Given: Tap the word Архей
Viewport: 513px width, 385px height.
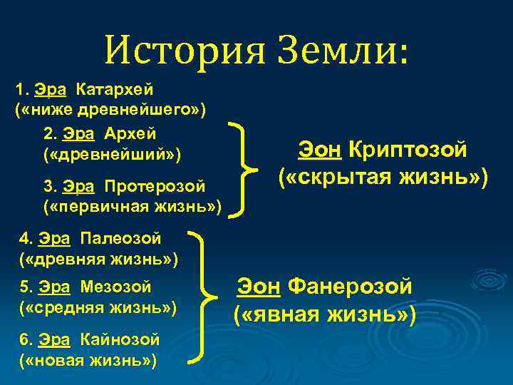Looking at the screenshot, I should [130, 134].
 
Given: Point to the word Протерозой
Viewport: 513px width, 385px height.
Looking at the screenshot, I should [155, 187].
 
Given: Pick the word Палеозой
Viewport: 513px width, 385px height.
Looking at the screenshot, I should [120, 237].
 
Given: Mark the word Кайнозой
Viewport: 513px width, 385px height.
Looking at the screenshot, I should [120, 339].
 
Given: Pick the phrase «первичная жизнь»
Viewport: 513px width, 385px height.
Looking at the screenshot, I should [132, 207].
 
